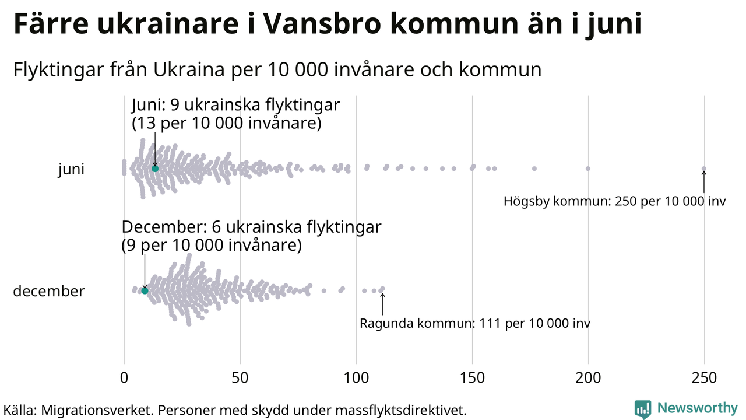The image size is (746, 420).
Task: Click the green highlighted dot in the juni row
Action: tap(155, 169)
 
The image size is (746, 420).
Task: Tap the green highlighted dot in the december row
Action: tap(145, 290)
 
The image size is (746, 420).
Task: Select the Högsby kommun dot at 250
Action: tap(703, 169)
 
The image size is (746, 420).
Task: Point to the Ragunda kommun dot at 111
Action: tap(382, 289)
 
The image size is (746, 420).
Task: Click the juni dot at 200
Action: tap(587, 169)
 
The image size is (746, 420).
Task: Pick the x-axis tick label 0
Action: tap(124, 378)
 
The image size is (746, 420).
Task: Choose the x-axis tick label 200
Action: tap(588, 378)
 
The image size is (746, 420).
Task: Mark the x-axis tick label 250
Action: tap(704, 378)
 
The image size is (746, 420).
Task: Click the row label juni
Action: tap(71, 170)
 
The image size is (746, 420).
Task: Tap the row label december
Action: tap(49, 291)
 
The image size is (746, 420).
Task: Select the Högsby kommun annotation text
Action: tap(614, 202)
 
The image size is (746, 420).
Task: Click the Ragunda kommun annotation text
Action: tap(475, 323)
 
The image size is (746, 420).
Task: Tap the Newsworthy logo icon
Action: tap(643, 409)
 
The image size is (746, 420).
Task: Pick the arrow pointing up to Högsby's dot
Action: tap(703, 181)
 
